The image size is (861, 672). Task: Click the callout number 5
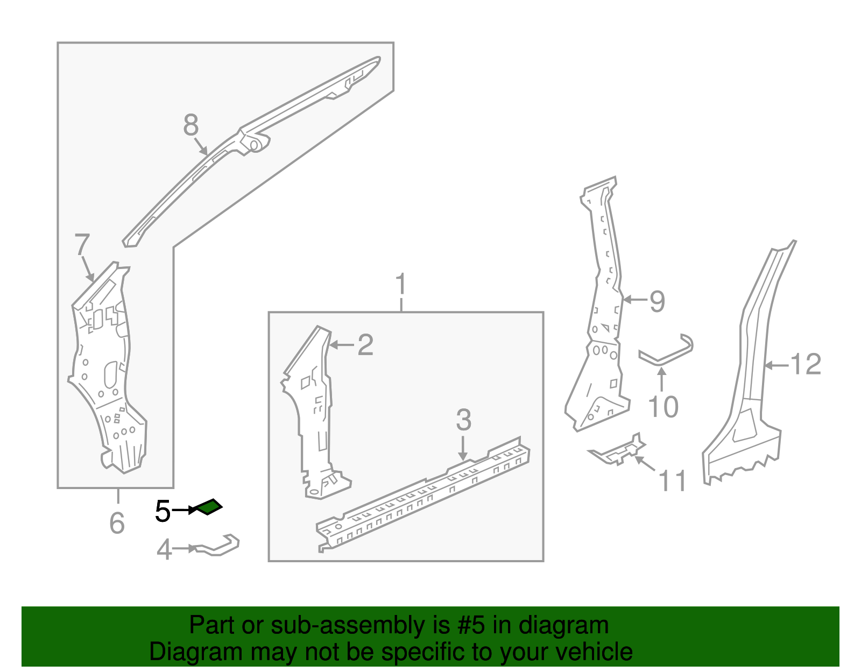click(163, 511)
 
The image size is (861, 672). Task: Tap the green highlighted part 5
click(209, 507)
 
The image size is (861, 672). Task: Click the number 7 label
click(81, 245)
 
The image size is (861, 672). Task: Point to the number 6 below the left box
click(117, 523)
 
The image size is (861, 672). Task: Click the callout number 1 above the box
click(401, 285)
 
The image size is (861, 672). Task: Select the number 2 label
click(365, 345)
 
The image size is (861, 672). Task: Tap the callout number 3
click(463, 420)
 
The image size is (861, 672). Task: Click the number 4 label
click(164, 550)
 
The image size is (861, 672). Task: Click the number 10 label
click(663, 407)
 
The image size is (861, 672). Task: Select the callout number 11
click(673, 480)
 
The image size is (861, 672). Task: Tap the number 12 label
click(806, 364)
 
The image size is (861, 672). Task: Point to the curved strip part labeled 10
click(667, 352)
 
